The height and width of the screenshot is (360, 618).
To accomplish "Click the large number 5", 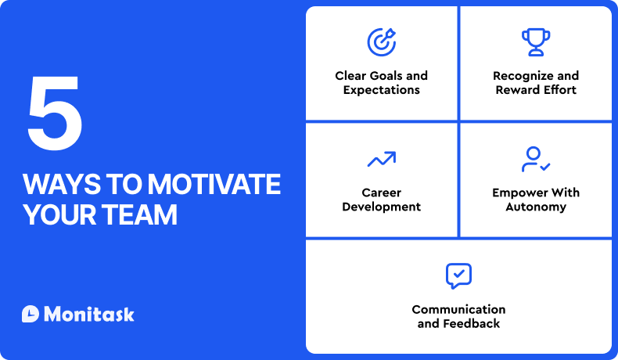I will coord(55,115).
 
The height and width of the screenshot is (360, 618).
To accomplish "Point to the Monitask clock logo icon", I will coord(31,314).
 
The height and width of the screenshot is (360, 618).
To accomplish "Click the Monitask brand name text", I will coord(89,314).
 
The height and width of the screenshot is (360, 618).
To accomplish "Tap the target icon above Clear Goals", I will coord(381,41).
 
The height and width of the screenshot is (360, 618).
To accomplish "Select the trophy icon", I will coord(536,41).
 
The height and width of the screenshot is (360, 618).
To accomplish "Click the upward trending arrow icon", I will coord(381,160).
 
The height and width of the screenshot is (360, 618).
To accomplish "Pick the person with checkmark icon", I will coord(536,159).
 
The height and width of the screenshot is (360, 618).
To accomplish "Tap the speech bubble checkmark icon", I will coord(458,275).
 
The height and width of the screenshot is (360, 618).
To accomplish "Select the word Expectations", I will coord(381,90).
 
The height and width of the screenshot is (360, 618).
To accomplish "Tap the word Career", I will coord(381,193).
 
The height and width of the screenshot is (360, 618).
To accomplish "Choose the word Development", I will coord(381,207).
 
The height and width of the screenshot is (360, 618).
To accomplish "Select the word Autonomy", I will coord(536,207).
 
